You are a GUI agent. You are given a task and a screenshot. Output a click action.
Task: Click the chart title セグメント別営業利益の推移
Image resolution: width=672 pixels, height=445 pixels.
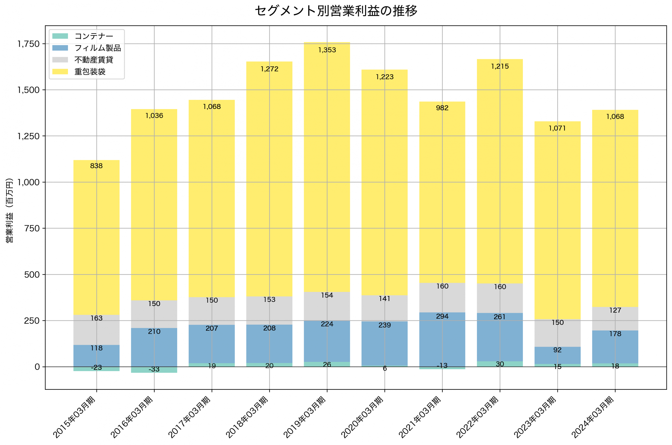336,11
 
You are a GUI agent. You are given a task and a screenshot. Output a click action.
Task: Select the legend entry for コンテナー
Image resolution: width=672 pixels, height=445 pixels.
94,36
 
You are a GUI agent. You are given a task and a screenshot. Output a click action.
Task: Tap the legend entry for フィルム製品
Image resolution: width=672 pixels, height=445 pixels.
97,48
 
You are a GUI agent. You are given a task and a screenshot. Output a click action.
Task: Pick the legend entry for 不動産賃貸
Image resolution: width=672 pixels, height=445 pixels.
94,60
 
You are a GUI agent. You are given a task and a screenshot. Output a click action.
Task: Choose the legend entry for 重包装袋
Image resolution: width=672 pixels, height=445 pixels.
90,72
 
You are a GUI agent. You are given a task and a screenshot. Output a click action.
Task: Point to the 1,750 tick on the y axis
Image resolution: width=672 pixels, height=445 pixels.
28,44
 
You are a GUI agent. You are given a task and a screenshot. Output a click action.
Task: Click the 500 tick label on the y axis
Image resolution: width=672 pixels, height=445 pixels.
32,275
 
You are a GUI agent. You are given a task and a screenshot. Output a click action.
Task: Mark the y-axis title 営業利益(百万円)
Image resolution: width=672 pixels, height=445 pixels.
9,210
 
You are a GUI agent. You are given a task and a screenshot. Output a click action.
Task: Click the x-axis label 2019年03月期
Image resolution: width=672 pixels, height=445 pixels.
305,417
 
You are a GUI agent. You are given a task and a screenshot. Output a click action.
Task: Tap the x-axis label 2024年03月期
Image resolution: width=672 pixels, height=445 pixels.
593,417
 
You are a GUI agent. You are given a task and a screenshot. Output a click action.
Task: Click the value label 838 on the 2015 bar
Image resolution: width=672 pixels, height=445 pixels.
96,166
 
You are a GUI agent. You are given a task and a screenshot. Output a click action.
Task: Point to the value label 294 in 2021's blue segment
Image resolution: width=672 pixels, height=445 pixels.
442,317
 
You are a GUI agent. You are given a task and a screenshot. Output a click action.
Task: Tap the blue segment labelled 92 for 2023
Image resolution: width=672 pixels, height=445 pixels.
558,356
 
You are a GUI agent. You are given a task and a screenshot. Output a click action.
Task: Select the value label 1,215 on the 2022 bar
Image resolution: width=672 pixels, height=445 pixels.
500,67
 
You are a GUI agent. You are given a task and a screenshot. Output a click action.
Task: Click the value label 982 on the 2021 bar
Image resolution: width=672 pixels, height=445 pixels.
442,108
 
